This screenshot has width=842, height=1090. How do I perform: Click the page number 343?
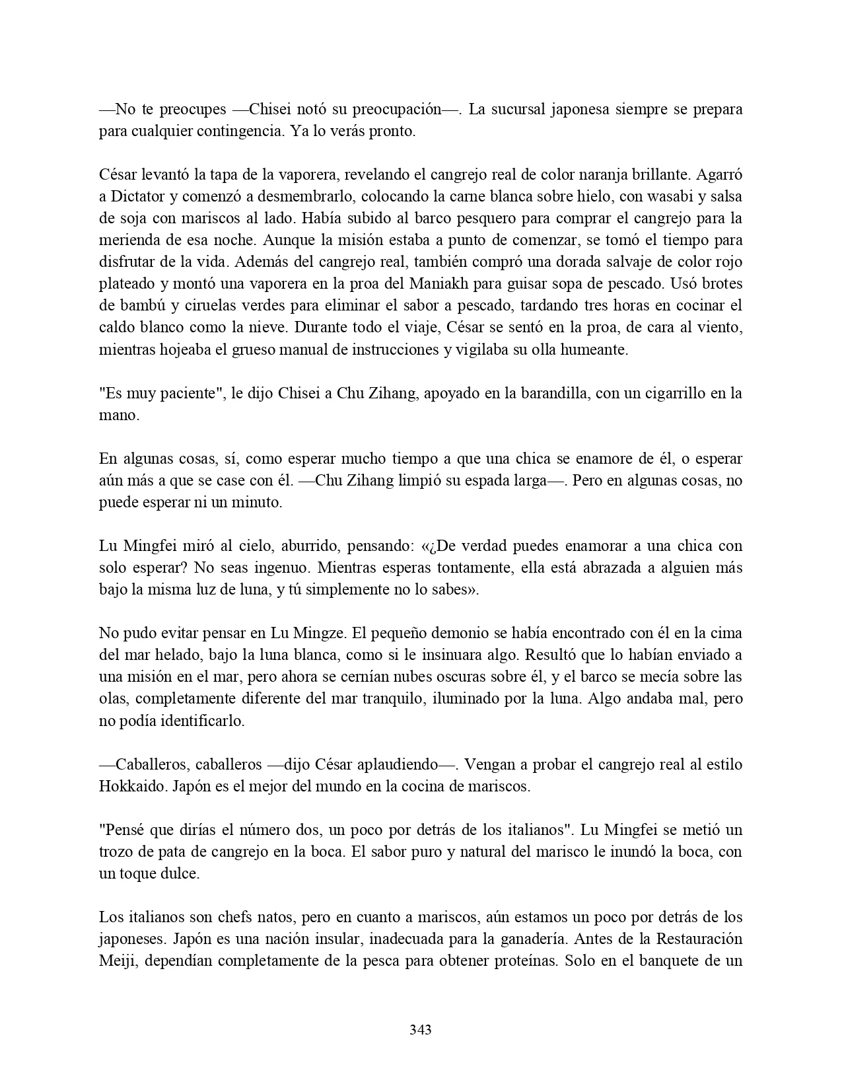[x=421, y=1029]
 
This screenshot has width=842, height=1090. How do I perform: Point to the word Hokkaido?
[x=129, y=786]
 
